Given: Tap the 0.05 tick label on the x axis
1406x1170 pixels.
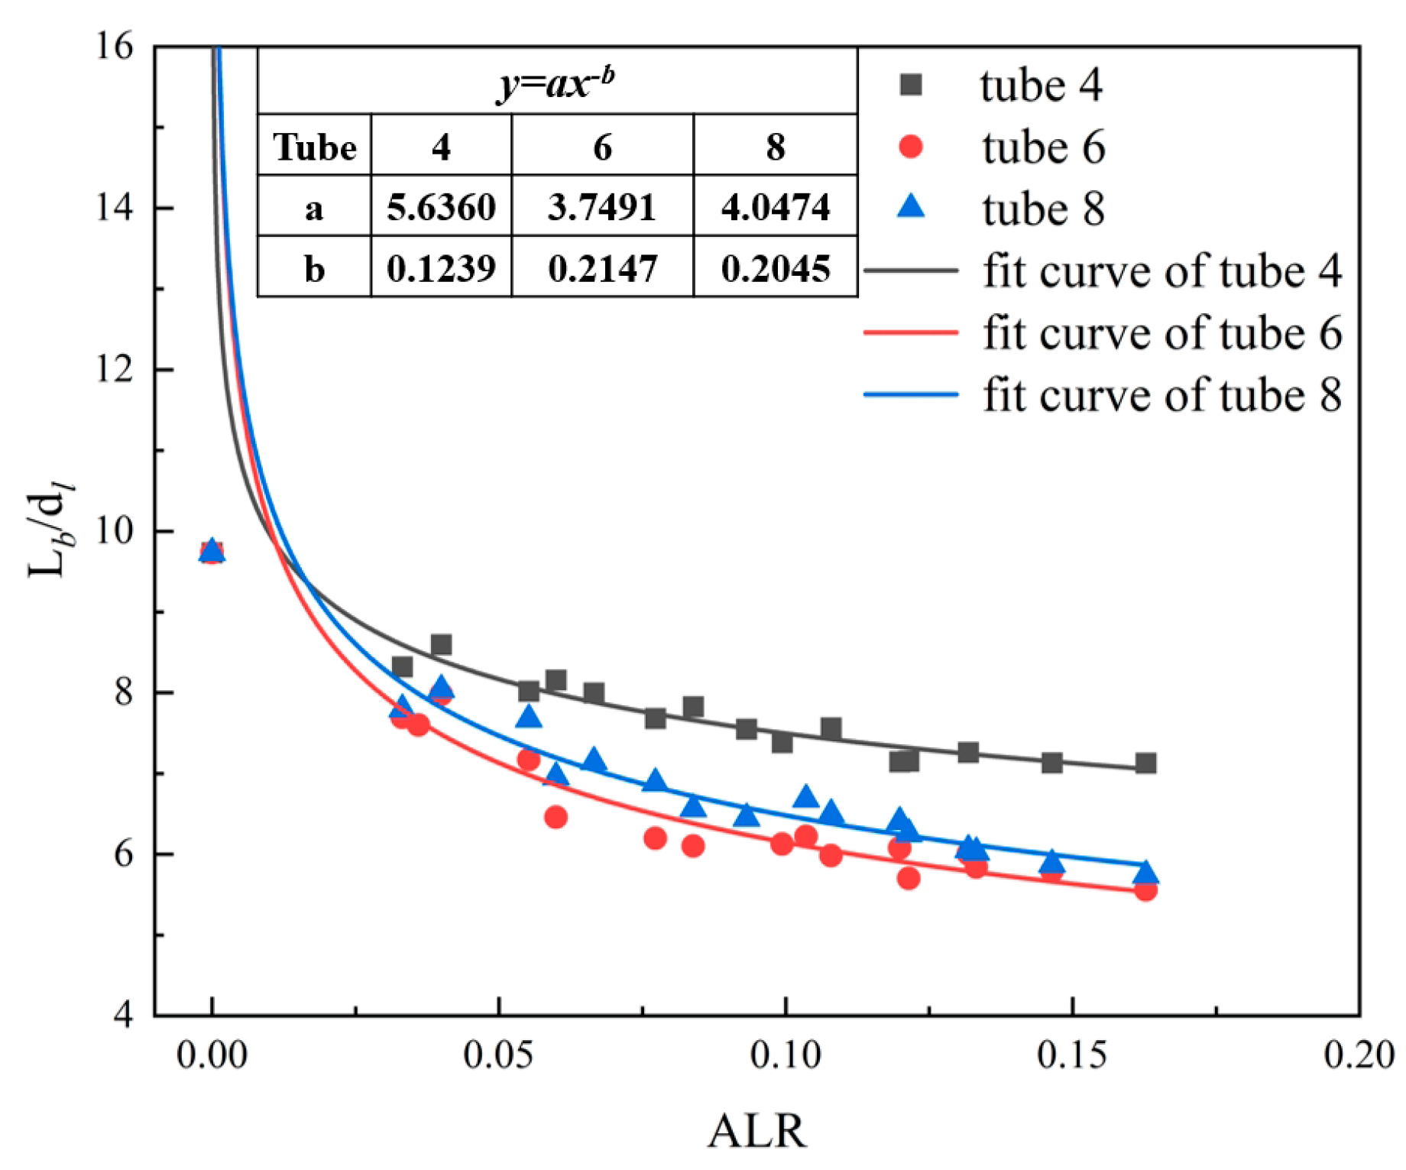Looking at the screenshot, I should pos(498,1055).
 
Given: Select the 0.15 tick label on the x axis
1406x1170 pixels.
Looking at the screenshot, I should pos(1072,1055).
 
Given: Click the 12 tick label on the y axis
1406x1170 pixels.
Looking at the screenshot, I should pos(114,369).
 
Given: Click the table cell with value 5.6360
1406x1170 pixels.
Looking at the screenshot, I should pos(441,207).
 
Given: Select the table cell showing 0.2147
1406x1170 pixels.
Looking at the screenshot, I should pos(602,268).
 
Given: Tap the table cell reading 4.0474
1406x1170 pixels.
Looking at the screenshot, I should pos(775,207).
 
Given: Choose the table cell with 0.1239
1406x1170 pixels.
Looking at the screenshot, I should pos(441,268).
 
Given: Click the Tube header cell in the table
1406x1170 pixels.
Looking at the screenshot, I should pos(315,147).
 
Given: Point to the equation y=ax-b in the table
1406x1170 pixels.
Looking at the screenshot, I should pos(556,83).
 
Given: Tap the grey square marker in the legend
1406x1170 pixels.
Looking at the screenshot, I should pos(911,84).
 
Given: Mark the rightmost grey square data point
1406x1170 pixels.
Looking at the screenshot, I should pos(1145,763).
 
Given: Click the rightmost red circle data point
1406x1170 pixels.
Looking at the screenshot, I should pos(1145,890).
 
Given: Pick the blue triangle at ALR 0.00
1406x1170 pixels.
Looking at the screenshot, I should pos(212,550).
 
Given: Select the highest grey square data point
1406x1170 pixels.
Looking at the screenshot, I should pos(441,644).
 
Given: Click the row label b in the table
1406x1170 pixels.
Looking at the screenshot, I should pos(314,268).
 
